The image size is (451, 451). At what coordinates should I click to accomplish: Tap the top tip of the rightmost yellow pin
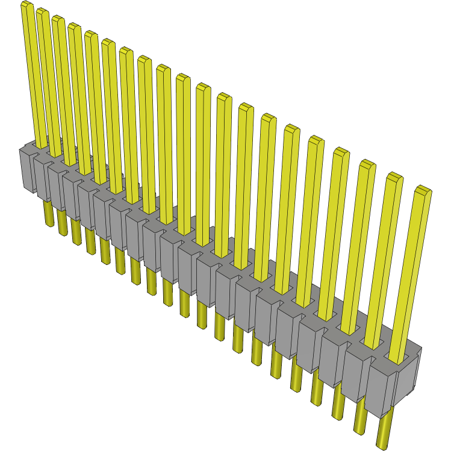pos(423,191)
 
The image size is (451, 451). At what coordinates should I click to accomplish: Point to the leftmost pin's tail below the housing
pos(48,213)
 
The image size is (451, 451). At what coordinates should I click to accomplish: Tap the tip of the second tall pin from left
pos(42,13)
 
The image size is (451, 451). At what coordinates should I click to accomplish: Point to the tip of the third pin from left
pos(58,20)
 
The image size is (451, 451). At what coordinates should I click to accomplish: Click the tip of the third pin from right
pos(367,164)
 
